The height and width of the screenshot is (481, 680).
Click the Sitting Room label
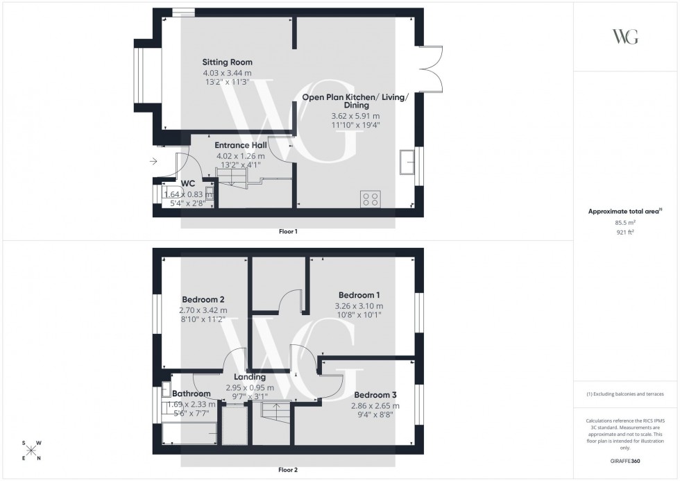click(227, 62)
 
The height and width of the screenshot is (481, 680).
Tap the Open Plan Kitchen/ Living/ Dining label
click(355, 101)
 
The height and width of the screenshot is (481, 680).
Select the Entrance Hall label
click(241, 145)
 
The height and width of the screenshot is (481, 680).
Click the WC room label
click(189, 184)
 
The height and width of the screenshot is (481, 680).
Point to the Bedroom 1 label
click(359, 294)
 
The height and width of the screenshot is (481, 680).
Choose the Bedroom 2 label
click(203, 299)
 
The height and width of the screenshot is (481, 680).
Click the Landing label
click(249, 377)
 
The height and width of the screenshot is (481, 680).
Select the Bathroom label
click(192, 394)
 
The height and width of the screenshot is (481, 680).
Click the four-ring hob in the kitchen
click(370, 199)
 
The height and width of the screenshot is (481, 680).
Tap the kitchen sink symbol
click(405, 164)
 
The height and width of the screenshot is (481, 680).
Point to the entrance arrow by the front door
click(153, 162)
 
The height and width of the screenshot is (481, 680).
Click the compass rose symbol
click(31, 450)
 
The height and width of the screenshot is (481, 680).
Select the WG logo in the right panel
click(625, 37)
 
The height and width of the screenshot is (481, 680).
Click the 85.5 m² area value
click(625, 222)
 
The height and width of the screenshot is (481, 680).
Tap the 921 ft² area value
click(625, 232)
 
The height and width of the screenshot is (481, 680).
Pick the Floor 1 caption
click(288, 231)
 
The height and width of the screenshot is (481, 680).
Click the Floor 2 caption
click(288, 470)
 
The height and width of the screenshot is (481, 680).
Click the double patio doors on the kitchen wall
click(432, 69)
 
